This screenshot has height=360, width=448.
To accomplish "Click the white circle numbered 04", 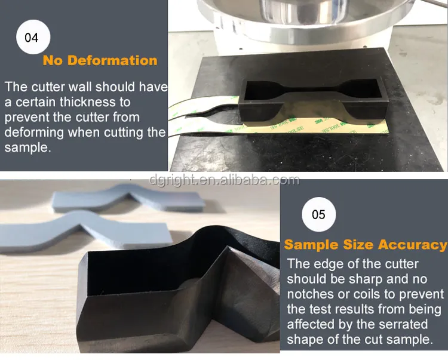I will (32, 38).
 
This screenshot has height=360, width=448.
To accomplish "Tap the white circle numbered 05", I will (318, 214).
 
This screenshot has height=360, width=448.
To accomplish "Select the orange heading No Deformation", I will (100, 60).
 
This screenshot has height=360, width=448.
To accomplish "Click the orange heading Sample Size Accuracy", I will (365, 245).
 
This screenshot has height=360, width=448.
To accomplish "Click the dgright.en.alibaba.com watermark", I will (224, 179).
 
